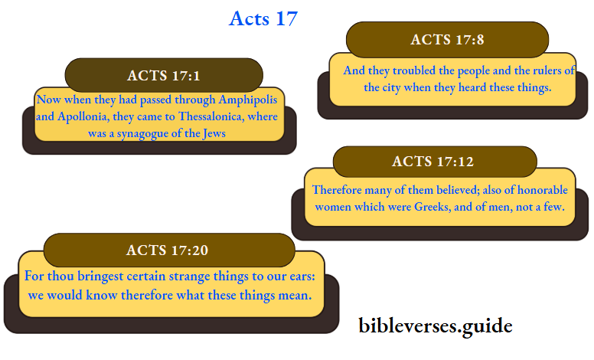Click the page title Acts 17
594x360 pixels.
tap(263, 18)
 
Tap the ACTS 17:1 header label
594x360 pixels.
tap(164, 75)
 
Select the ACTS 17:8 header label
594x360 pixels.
tap(447, 40)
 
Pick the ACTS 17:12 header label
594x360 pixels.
tap(433, 162)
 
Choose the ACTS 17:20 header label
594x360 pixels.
tap(168, 250)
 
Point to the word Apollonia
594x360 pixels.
tap(77, 117)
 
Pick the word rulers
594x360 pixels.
tap(543, 71)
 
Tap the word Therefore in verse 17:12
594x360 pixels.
tap(342, 190)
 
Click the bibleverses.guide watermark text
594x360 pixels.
tap(436, 326)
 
